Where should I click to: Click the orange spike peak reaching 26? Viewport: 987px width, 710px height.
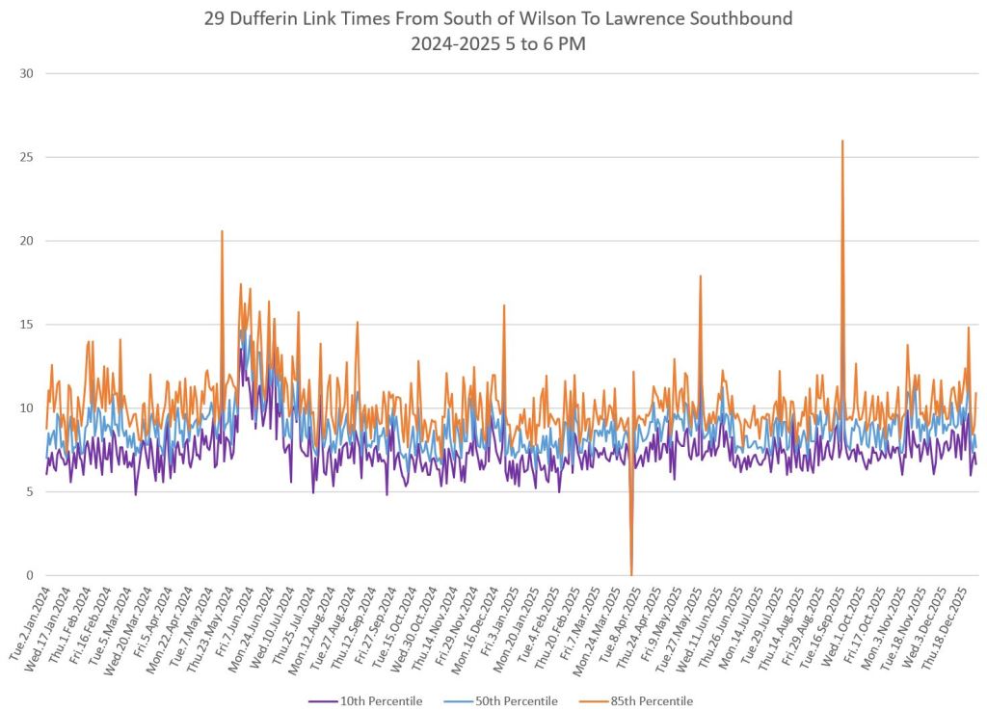842,141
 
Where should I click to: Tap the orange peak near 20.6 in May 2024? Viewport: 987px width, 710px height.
222,231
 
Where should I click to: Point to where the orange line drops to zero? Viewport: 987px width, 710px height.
631,574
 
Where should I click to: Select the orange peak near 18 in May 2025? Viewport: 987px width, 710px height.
701,276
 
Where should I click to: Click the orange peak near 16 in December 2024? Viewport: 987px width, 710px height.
503,305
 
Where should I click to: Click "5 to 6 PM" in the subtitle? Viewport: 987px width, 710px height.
545,44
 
